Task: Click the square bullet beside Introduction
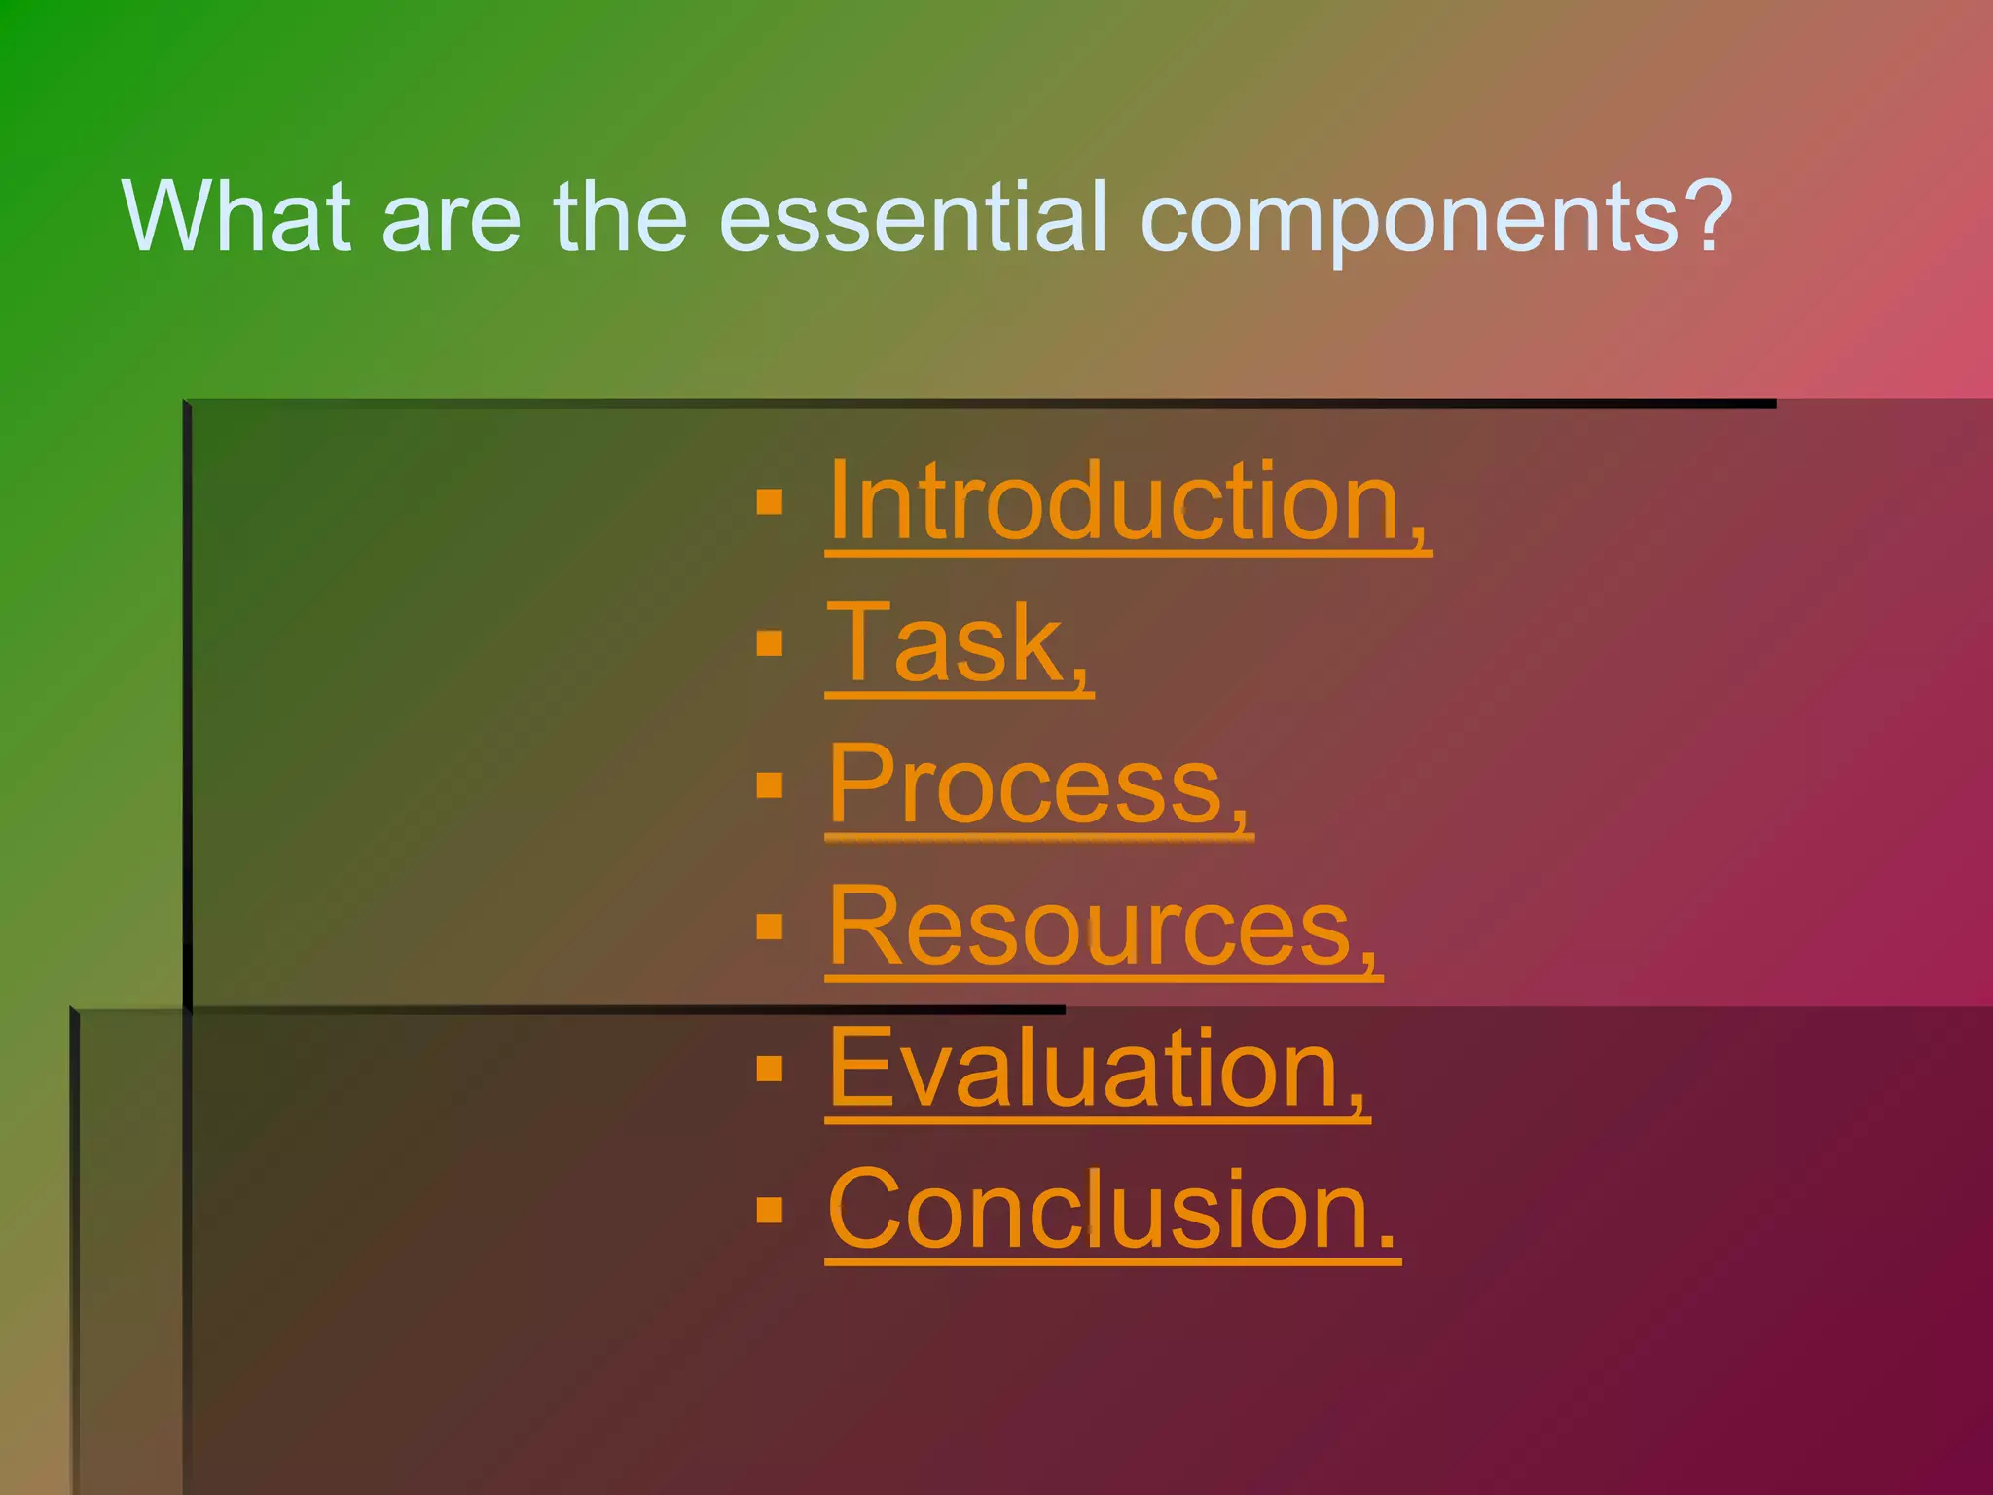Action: [x=770, y=502]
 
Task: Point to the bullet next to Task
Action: [x=770, y=643]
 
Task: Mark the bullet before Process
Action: [x=770, y=785]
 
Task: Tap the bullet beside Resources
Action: [x=770, y=927]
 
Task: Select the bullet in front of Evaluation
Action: [x=770, y=1069]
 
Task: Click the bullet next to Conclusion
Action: [x=770, y=1210]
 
